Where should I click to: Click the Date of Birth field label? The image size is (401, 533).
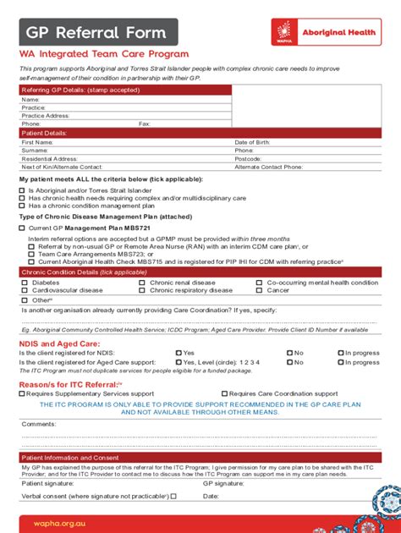click(254, 142)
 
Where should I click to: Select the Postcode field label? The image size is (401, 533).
click(248, 158)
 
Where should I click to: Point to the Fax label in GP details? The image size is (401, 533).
click(145, 124)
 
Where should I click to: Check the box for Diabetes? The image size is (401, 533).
click(25, 283)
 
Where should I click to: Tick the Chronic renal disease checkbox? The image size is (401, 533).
click(142, 283)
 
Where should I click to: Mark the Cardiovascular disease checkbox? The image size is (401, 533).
click(25, 290)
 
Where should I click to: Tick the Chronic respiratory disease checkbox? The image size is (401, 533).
click(142, 290)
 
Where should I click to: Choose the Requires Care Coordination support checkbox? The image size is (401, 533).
click(224, 393)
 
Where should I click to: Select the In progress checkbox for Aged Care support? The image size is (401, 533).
click(341, 361)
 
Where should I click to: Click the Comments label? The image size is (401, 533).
click(38, 423)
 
